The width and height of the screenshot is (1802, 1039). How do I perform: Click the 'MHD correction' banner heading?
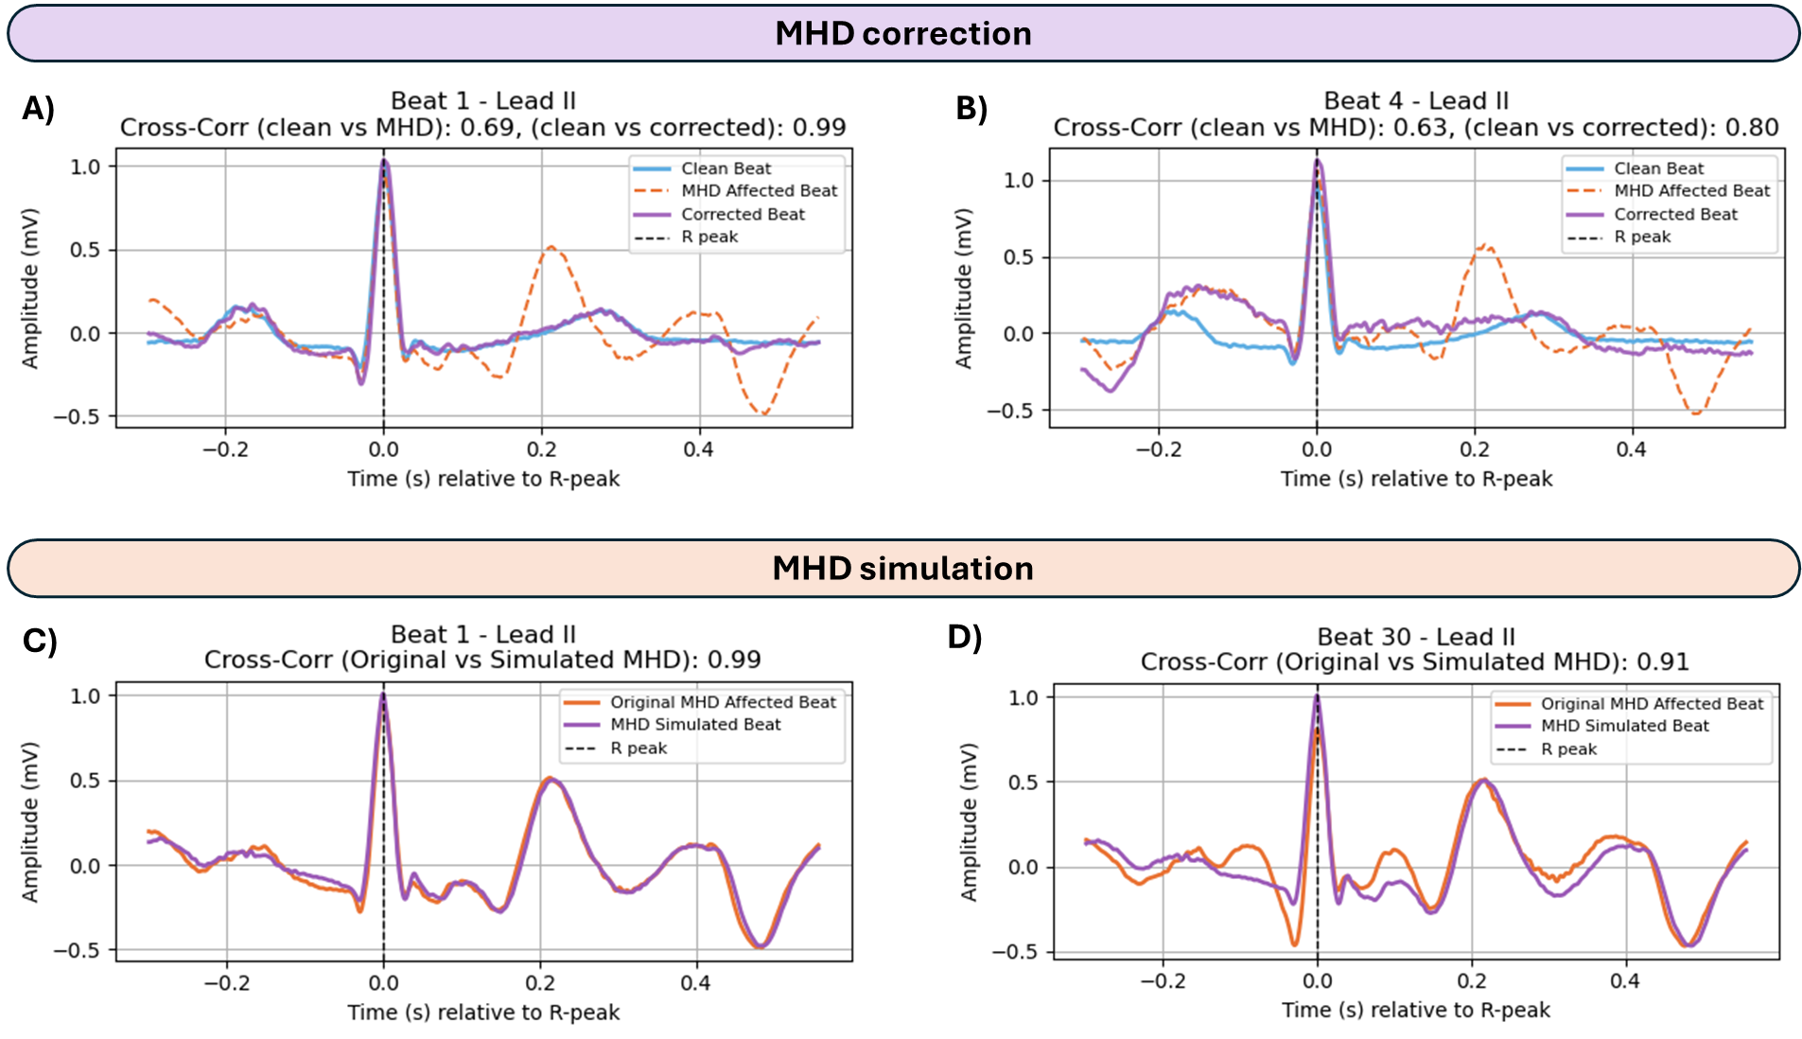(x=902, y=33)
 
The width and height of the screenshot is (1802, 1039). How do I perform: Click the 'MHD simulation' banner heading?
(x=902, y=568)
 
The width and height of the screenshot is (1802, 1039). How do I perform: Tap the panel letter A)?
(x=38, y=109)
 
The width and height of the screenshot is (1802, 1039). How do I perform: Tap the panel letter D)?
(x=965, y=637)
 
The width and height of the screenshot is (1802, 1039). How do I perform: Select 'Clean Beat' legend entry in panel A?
(x=726, y=168)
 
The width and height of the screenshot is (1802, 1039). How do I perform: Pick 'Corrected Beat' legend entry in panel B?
(x=1675, y=214)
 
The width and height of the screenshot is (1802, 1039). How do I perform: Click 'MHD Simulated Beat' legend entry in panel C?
(x=695, y=725)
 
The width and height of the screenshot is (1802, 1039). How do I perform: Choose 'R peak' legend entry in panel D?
(x=1568, y=749)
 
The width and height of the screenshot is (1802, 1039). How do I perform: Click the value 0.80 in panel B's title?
(x=1752, y=128)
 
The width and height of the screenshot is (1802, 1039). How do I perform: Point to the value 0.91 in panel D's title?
(x=1662, y=661)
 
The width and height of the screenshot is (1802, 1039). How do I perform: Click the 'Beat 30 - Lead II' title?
(x=1415, y=637)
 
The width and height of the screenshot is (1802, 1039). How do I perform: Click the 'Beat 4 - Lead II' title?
(x=1415, y=101)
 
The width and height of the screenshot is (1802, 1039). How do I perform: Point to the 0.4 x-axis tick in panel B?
(x=1631, y=449)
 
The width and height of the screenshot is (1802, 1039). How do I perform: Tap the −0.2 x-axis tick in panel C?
(x=227, y=983)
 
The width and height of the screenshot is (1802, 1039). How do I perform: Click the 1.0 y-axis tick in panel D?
(x=1023, y=698)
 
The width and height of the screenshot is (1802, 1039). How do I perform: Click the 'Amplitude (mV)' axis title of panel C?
(x=30, y=821)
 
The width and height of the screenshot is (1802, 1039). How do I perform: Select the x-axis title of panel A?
(x=483, y=479)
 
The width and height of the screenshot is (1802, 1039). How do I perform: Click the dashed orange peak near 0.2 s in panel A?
(x=550, y=248)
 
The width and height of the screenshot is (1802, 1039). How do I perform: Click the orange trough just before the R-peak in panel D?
(x=1295, y=943)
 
